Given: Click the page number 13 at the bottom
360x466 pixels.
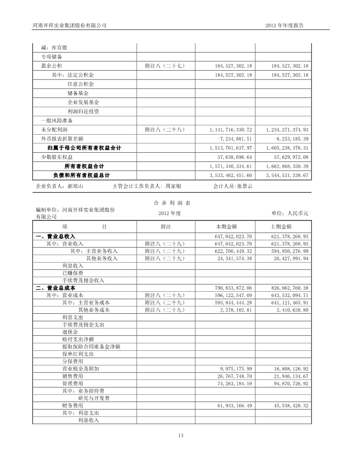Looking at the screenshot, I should (x=180, y=436).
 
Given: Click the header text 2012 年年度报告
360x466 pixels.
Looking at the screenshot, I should (x=285, y=26).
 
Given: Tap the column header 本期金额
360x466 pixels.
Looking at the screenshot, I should (x=226, y=226).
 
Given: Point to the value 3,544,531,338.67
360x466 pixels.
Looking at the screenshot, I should (x=287, y=175).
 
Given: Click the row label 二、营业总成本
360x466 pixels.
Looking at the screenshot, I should (x=55, y=288).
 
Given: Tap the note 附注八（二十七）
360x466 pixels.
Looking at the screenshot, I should (x=165, y=65).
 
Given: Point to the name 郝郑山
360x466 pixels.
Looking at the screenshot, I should (x=75, y=186).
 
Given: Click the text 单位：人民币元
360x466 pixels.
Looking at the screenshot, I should (x=289, y=213).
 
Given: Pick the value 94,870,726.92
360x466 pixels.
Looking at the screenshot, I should (x=287, y=383).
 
